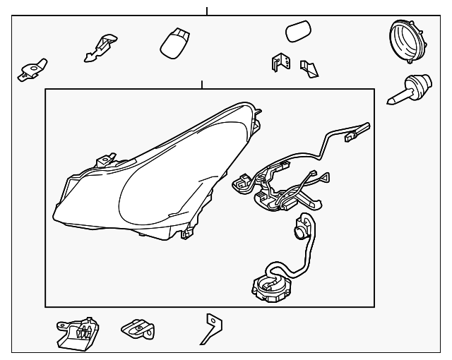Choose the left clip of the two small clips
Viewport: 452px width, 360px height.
[x=278, y=62]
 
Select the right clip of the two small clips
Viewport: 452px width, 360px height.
[x=309, y=68]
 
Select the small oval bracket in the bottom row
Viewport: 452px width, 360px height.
[x=138, y=328]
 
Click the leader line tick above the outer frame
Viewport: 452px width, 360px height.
[x=207, y=11]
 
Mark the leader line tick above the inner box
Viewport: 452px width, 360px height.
[x=202, y=84]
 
